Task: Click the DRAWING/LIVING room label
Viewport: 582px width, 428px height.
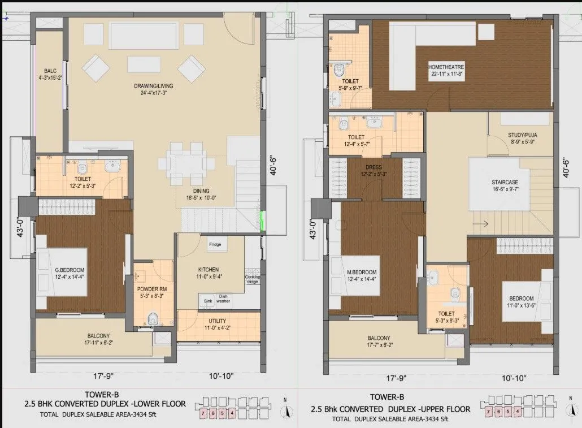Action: [x=154, y=85]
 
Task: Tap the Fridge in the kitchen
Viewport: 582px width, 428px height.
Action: [x=215, y=245]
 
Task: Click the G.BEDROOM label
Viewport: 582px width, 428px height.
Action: [x=70, y=269]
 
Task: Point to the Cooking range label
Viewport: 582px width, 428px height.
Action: [x=253, y=279]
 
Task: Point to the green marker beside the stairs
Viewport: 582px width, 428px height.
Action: [x=263, y=222]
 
